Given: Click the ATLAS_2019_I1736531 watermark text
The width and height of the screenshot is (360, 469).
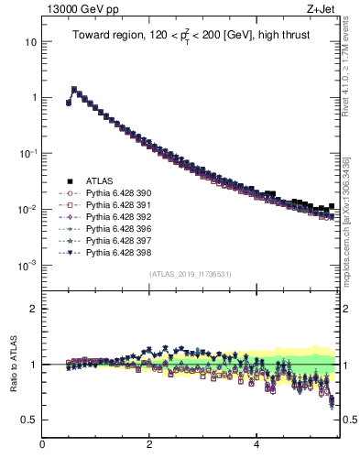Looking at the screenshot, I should [190, 274].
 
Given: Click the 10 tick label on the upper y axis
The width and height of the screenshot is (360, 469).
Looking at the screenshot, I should [31, 42].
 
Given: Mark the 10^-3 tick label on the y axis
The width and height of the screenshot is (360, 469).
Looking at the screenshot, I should [27, 265].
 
